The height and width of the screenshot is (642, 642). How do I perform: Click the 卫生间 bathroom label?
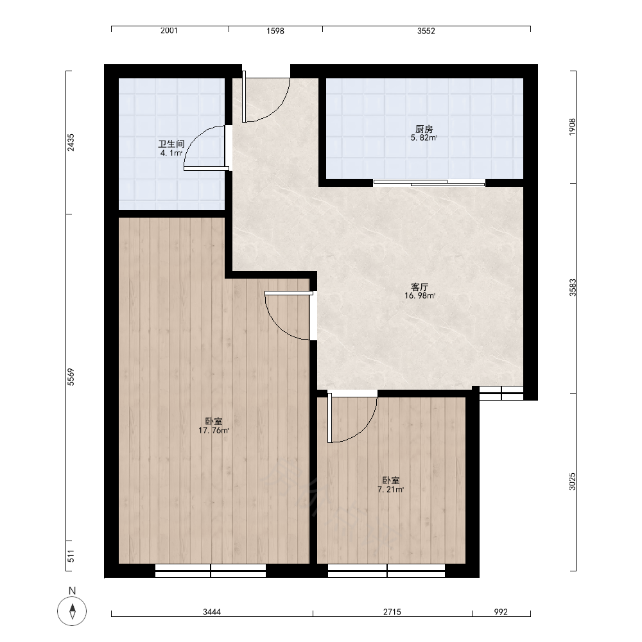tap(171, 144)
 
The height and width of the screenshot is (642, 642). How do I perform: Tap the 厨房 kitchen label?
tap(424, 129)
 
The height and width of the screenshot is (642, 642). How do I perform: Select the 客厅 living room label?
tap(419, 286)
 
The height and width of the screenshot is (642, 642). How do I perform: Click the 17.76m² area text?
tap(214, 430)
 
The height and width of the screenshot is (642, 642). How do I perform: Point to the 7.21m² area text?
tap(390, 489)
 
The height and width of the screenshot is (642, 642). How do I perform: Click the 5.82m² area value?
tap(424, 138)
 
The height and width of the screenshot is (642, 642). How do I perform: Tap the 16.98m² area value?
tap(420, 295)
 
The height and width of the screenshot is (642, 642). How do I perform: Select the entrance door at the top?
tap(266, 97)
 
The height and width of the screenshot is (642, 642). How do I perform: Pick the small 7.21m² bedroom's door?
tap(352, 417)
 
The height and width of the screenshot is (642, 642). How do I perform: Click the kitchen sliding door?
tap(429, 182)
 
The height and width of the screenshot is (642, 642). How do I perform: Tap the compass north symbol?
tap(72, 611)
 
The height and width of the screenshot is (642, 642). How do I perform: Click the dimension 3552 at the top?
tap(426, 31)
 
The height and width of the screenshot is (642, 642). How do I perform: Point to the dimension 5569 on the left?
tap(71, 377)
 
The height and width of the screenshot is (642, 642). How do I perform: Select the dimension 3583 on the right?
tap(573, 288)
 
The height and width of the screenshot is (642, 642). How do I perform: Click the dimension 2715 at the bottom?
tap(392, 612)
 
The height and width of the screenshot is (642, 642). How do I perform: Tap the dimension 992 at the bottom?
tap(501, 612)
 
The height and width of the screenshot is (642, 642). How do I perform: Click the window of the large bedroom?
tap(211, 570)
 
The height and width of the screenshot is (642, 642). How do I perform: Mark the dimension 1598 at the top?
tap(275, 31)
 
